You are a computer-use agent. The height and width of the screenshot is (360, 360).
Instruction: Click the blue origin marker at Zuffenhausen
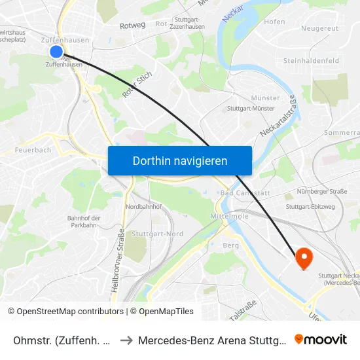[56, 51]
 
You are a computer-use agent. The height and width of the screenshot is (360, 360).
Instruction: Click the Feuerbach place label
[33, 150]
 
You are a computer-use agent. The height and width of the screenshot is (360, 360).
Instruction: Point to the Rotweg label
[133, 25]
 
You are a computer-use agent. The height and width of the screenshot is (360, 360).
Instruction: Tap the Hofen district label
[275, 22]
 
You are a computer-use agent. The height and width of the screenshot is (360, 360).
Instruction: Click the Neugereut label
[320, 28]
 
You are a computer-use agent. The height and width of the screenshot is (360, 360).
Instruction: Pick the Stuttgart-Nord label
[157, 234]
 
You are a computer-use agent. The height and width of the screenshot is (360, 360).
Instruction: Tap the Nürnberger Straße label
[321, 192]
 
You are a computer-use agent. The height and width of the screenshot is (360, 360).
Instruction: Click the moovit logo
[321, 339]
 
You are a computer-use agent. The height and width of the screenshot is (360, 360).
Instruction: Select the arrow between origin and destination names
[126, 340]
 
